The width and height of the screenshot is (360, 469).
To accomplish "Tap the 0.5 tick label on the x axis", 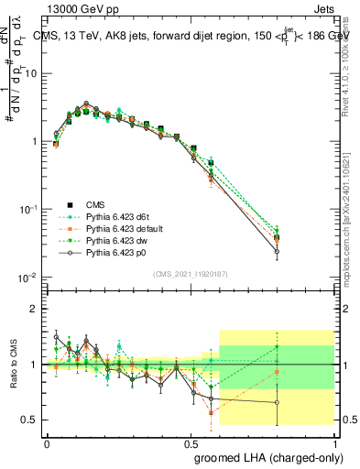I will coord(190,442).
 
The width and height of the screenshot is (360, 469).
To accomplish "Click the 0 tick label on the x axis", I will coord(47,442).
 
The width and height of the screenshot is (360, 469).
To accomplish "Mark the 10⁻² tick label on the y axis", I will coord(28,277).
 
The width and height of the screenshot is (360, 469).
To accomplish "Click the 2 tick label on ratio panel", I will coord(35,309).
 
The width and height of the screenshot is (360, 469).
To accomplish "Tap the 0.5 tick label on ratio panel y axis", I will coord(30,420).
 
